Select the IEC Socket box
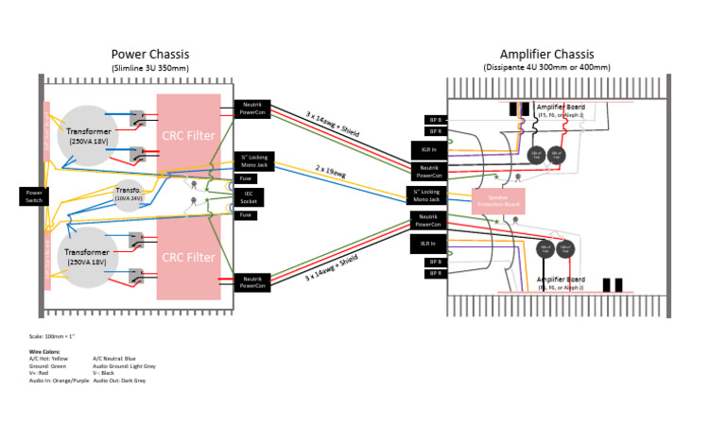[248, 196]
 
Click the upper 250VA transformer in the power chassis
[87, 134]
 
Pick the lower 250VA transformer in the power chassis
[87, 257]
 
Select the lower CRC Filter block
[188, 256]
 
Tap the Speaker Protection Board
[498, 200]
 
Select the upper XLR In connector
[423, 149]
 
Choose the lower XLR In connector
[423, 244]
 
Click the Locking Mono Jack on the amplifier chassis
[426, 195]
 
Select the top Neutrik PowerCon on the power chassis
[252, 109]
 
